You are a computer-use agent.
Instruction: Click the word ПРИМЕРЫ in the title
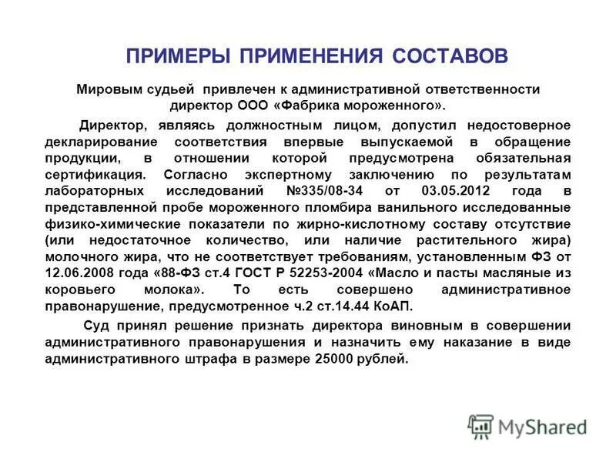tap(178, 56)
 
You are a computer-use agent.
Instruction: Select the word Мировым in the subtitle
tap(105, 89)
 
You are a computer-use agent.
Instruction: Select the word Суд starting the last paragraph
tap(95, 326)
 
